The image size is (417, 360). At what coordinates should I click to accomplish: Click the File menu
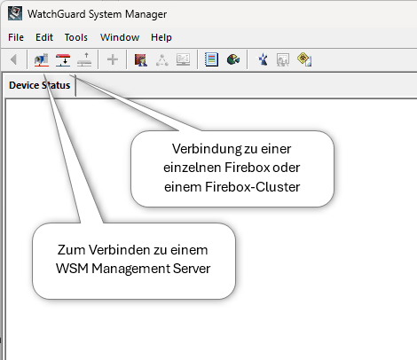[16, 37]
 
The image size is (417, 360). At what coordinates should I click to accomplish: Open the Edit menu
[44, 37]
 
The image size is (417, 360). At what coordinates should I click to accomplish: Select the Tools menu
[76, 37]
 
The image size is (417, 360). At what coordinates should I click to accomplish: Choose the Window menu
[120, 37]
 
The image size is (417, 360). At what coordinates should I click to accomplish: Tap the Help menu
[161, 37]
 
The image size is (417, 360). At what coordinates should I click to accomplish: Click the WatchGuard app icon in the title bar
[15, 13]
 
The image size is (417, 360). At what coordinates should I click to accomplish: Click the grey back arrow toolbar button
[13, 59]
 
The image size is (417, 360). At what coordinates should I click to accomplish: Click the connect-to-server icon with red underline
[42, 59]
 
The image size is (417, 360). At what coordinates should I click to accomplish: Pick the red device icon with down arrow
[63, 59]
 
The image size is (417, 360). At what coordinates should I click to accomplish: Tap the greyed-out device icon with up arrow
[84, 59]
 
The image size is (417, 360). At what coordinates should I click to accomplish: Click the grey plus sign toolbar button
[113, 59]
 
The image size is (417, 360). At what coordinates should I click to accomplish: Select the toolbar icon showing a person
[141, 59]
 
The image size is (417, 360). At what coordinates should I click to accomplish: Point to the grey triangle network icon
[162, 60]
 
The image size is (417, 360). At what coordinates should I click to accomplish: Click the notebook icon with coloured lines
[211, 59]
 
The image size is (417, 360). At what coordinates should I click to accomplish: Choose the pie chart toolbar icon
[233, 59]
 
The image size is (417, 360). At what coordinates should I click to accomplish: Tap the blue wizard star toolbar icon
[263, 59]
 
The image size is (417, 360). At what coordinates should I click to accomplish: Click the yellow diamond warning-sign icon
[304, 59]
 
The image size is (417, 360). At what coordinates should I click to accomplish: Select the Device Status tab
[40, 85]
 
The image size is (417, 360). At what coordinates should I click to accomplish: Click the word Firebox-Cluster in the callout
[253, 187]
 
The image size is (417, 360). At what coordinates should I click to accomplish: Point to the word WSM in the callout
[72, 269]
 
